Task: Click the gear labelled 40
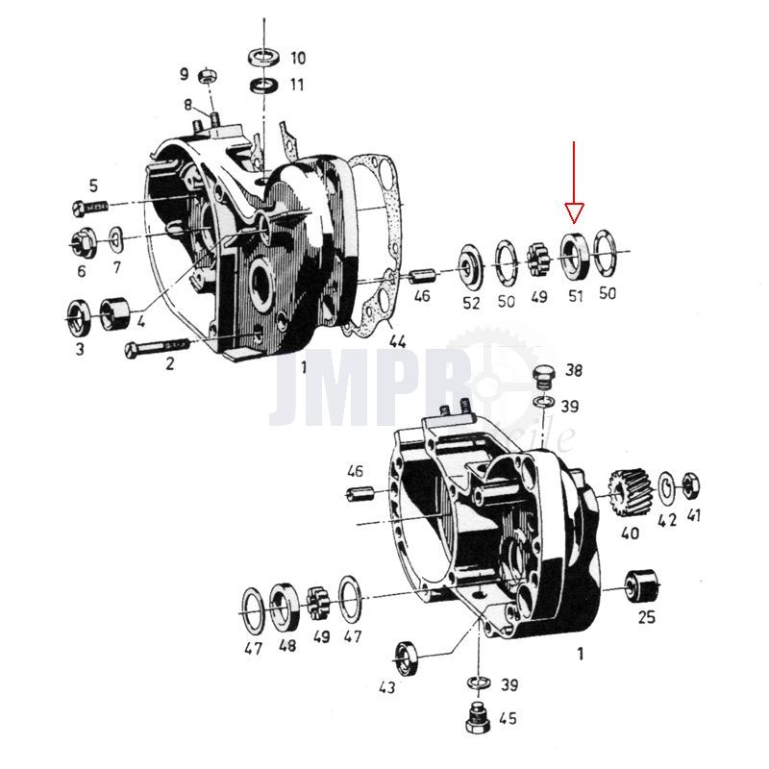631,490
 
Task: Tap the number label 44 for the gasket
398,340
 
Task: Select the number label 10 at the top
297,57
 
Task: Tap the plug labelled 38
545,375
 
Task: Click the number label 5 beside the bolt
94,186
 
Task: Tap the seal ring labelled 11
265,86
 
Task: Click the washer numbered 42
667,486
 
